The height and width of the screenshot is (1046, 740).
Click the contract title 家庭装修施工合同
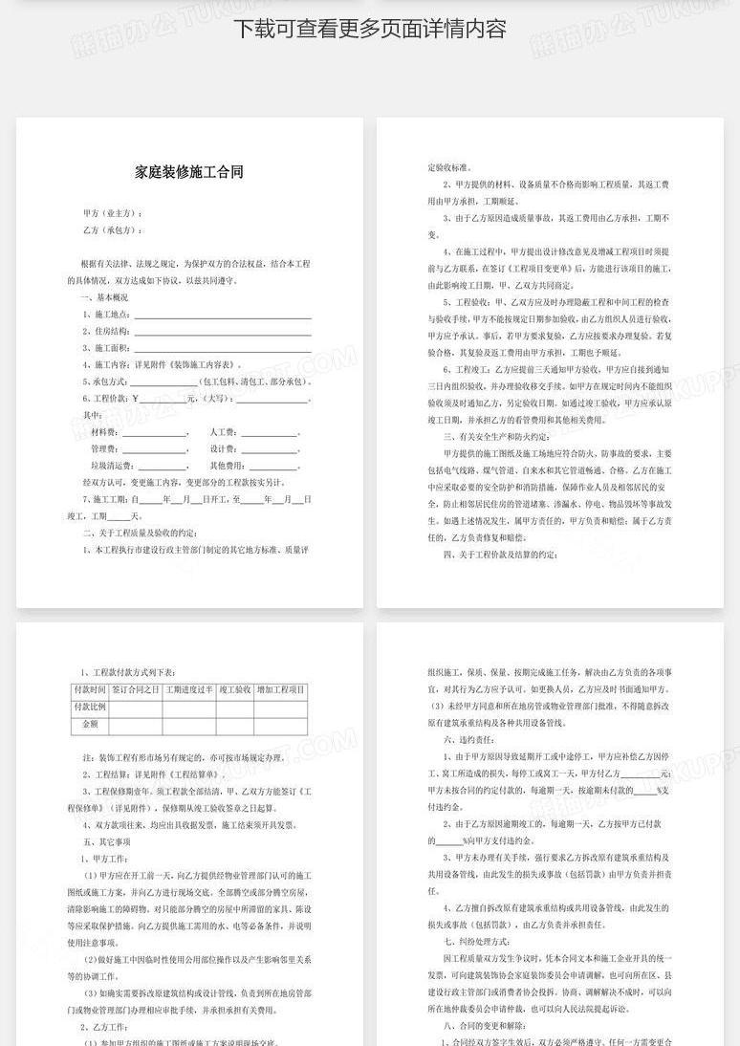189,172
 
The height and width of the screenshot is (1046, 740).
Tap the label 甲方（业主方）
113,213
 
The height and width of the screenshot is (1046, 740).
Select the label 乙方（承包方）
113,230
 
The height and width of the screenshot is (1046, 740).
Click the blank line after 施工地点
222,315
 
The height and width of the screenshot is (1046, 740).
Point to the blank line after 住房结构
222,331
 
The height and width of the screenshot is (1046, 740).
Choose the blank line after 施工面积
222,348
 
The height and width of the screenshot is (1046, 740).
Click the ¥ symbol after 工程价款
136,398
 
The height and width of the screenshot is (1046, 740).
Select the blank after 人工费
270,432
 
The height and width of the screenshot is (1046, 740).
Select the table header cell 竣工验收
234,689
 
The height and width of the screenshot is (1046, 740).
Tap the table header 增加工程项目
280,689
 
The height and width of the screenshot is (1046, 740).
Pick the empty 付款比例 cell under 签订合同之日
135,707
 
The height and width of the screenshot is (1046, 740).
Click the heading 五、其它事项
106,841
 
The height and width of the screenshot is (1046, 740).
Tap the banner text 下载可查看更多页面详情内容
370,29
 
